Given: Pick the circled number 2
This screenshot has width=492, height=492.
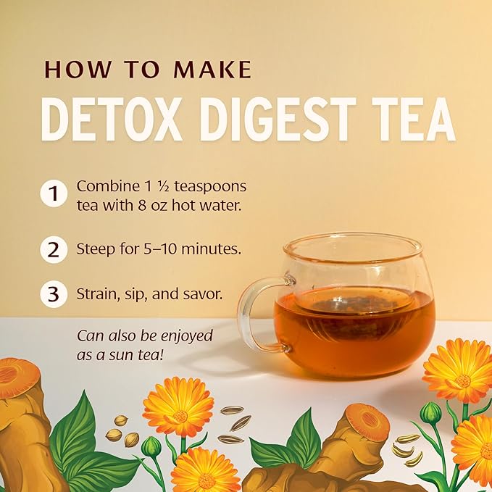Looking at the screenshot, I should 54,249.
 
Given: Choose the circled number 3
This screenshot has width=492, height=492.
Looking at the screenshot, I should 54,295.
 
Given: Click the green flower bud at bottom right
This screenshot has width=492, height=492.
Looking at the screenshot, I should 430,413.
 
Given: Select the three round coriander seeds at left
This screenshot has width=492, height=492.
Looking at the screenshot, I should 122,430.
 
